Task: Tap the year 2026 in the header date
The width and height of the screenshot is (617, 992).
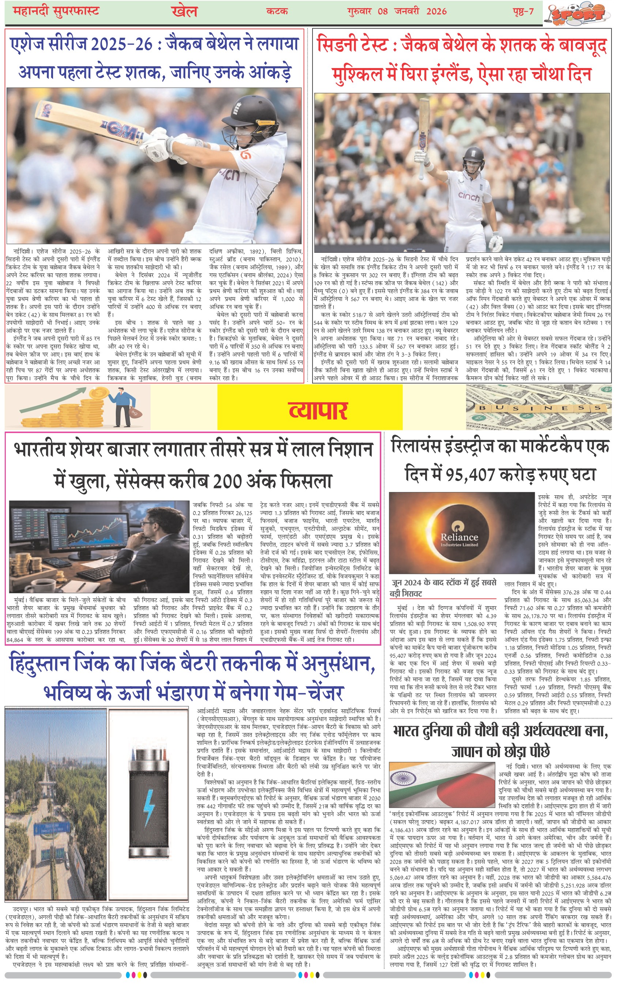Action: [x=436, y=11]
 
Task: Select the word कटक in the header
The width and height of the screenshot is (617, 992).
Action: [x=277, y=11]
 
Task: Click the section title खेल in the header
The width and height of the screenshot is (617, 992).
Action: [x=184, y=11]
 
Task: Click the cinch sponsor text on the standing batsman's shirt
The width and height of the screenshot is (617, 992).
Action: [x=469, y=196]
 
